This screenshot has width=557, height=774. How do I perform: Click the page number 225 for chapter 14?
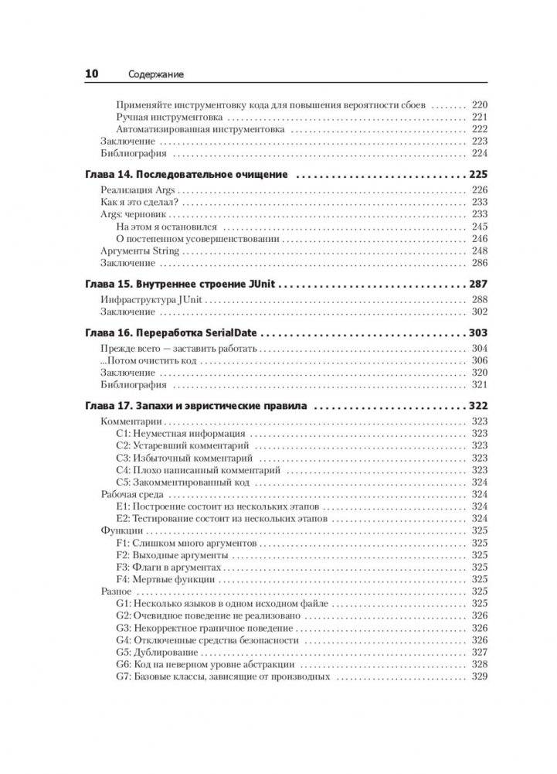(x=477, y=175)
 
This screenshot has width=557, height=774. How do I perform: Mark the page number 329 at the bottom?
(x=479, y=677)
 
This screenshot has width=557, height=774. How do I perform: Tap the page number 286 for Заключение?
(x=479, y=263)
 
